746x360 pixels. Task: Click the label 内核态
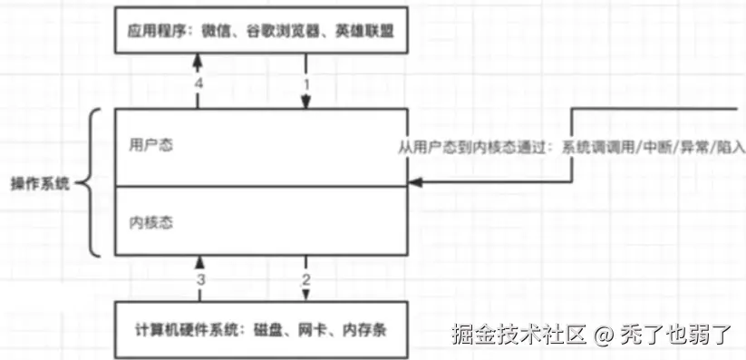click(x=148, y=221)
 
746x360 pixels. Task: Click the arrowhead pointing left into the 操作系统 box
click(x=413, y=184)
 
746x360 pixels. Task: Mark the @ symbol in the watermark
click(x=605, y=336)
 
